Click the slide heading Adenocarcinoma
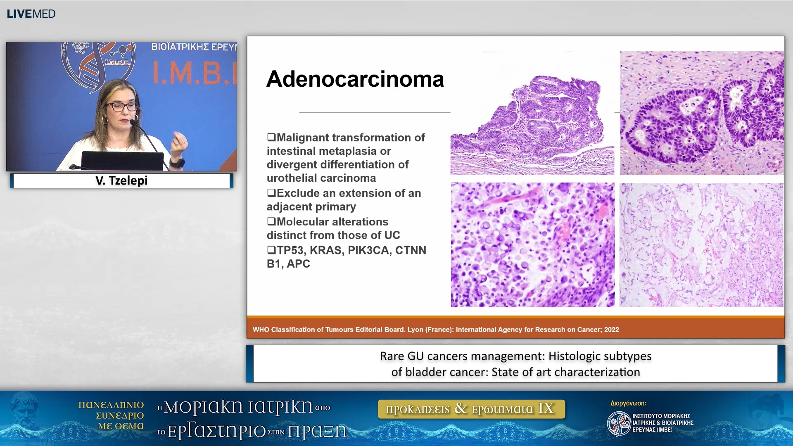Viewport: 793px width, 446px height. click(x=355, y=79)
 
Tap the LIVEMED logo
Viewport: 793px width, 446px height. click(x=31, y=14)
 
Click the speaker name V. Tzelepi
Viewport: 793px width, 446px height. click(x=121, y=180)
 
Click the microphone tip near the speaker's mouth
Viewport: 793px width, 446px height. click(x=133, y=122)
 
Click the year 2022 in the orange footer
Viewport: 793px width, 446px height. click(x=612, y=330)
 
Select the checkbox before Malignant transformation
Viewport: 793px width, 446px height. click(x=271, y=137)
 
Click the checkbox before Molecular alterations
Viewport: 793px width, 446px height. click(x=271, y=221)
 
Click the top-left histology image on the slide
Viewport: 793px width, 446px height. click(x=532, y=113)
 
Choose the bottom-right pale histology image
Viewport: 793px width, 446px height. click(x=701, y=245)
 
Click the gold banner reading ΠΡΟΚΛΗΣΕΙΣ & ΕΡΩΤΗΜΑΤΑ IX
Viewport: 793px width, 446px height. click(x=471, y=409)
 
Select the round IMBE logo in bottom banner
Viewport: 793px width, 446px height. click(x=619, y=424)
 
